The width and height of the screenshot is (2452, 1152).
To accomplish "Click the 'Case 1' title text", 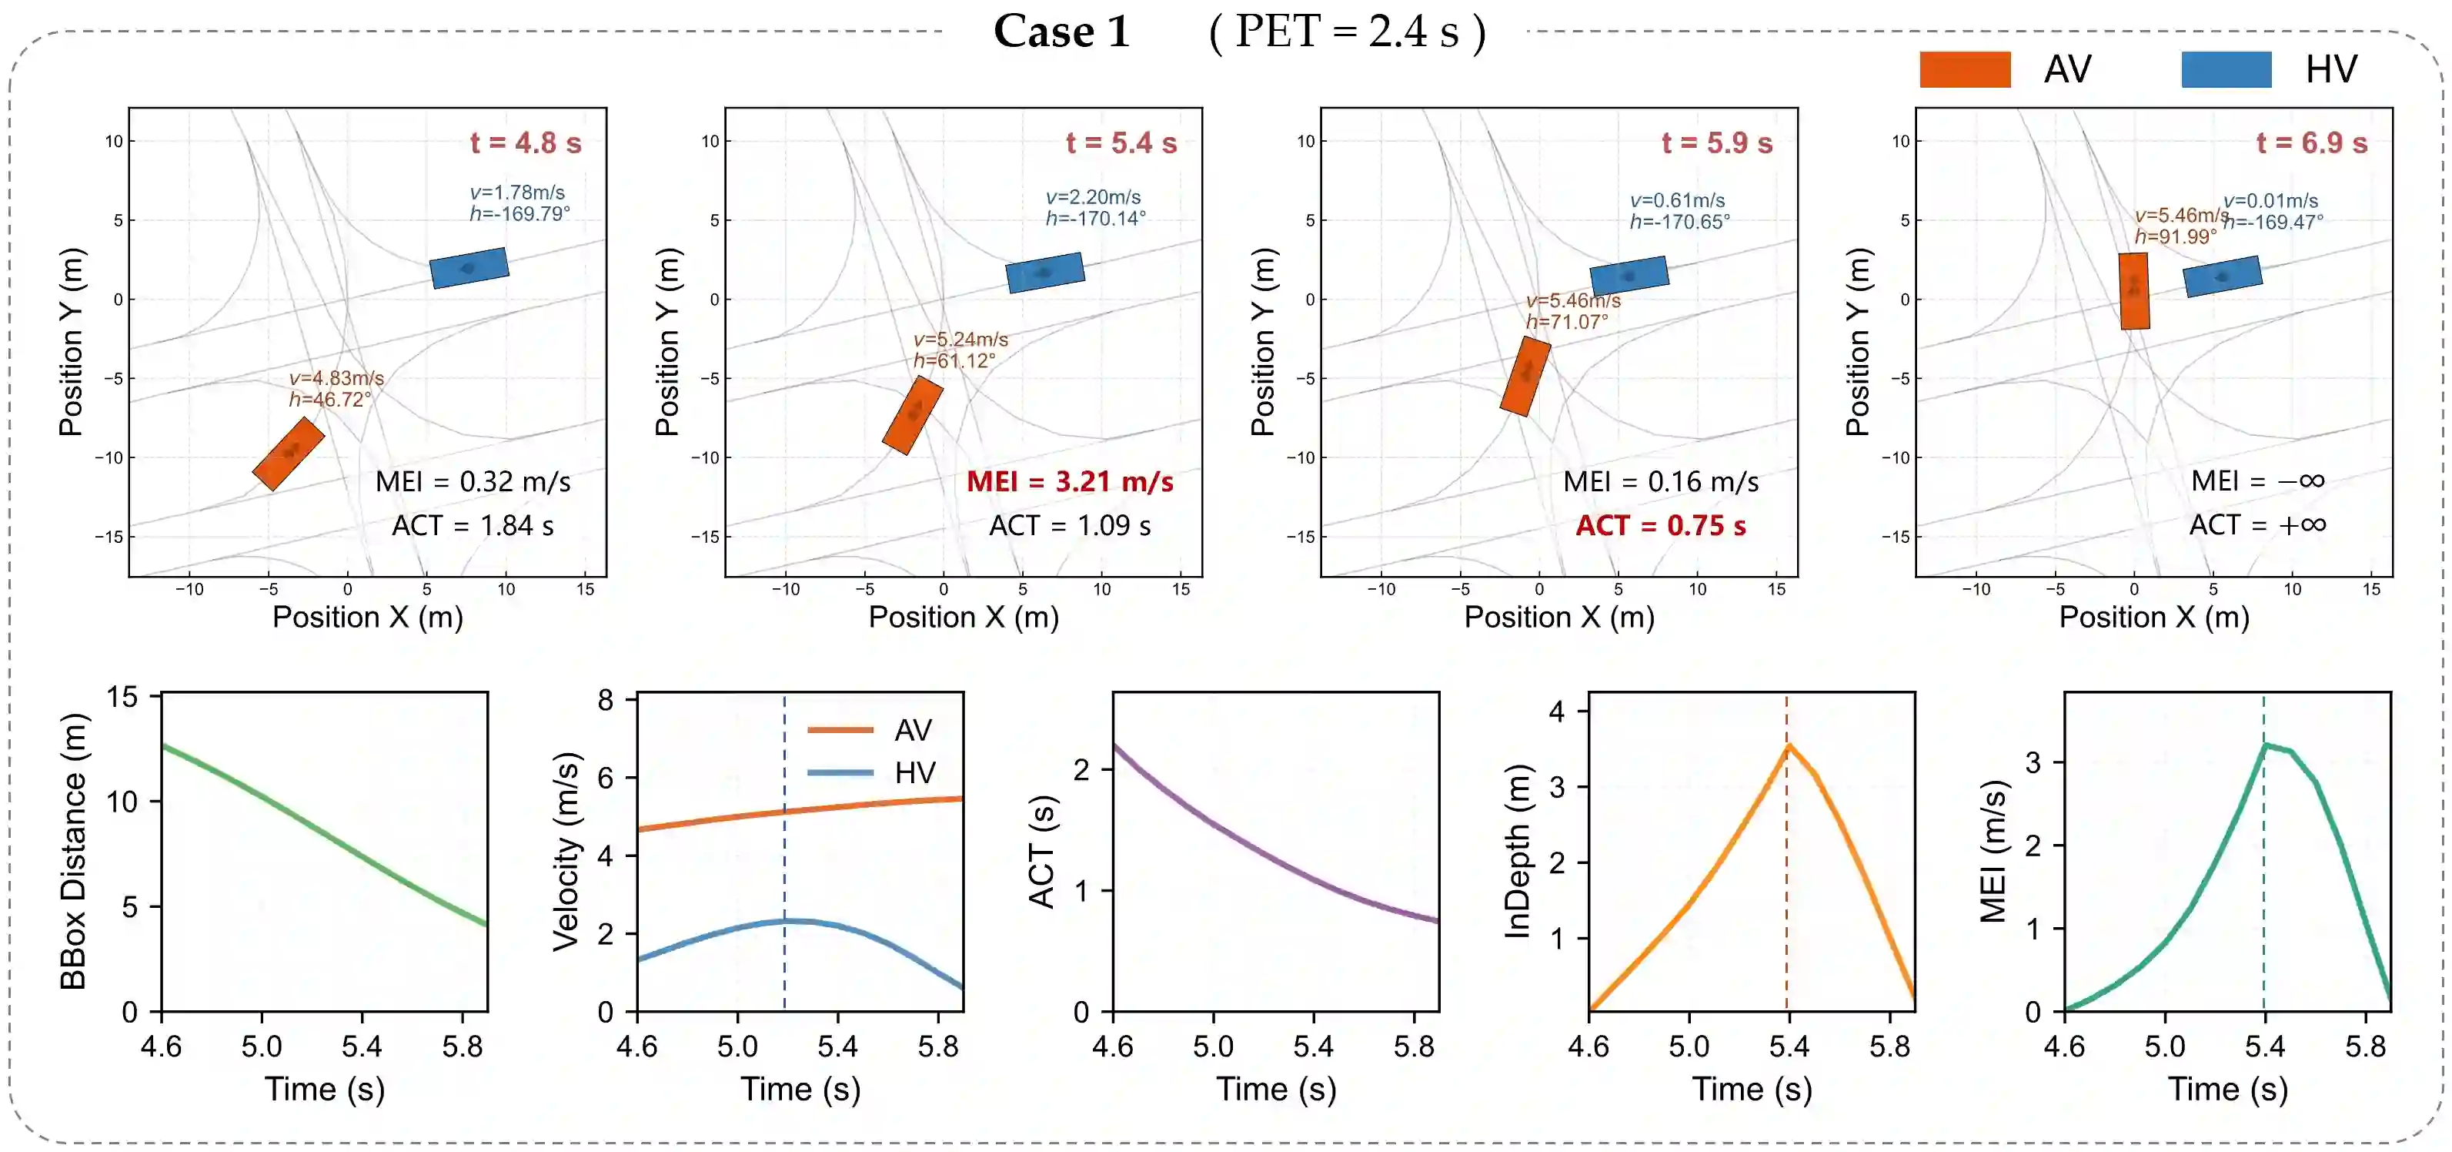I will point(1061,32).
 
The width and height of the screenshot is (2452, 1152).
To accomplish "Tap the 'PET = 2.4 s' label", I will point(1347,32).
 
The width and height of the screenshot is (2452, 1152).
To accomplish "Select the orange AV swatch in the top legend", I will point(1964,69).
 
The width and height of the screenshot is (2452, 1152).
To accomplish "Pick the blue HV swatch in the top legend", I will point(2226,69).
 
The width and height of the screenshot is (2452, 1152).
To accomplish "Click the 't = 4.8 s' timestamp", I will point(526,142).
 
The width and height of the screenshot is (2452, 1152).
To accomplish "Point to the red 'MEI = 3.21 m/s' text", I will point(1070,482).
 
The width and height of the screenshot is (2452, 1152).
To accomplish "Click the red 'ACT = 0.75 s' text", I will point(1660,525).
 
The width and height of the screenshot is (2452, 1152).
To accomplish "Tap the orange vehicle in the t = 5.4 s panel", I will point(913,415).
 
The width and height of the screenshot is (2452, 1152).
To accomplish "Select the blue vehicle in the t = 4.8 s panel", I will point(469,267).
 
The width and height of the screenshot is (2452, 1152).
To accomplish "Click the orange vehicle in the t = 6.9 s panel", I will point(2133,290).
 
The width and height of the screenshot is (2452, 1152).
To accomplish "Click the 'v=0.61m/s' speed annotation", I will point(1677,200).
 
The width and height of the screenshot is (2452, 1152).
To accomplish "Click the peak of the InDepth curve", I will point(1788,746).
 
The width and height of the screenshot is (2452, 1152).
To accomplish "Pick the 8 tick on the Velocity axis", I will point(606,701).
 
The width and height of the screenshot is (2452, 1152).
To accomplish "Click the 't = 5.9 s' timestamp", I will point(1716,142).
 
